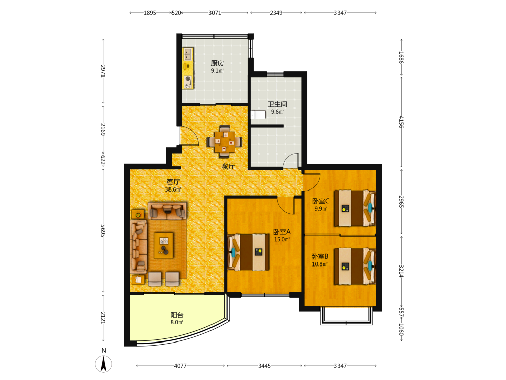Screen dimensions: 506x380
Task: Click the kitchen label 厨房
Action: [217, 63]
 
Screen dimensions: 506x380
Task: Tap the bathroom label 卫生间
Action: [277, 104]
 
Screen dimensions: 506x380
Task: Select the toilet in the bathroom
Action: [258, 115]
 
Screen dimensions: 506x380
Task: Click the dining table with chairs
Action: [225, 141]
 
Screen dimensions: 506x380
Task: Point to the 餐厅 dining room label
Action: [229, 166]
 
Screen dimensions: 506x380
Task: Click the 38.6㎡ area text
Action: [173, 189]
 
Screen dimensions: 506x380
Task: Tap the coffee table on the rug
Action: [163, 246]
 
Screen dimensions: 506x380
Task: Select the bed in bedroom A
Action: [248, 252]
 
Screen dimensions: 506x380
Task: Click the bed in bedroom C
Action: [355, 208]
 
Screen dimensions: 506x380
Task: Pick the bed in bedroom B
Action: [355, 267]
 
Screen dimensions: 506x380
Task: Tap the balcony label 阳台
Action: [177, 315]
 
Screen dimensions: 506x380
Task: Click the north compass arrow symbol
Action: [104, 364]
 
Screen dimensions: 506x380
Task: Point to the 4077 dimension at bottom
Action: [180, 366]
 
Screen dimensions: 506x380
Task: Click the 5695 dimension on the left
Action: [103, 231]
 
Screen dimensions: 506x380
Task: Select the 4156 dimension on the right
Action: [401, 122]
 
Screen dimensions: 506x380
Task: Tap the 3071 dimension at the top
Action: [215, 13]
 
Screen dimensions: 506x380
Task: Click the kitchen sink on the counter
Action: [188, 54]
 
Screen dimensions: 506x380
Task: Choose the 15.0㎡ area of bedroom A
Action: [282, 240]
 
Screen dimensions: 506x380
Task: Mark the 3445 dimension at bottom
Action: [264, 366]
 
